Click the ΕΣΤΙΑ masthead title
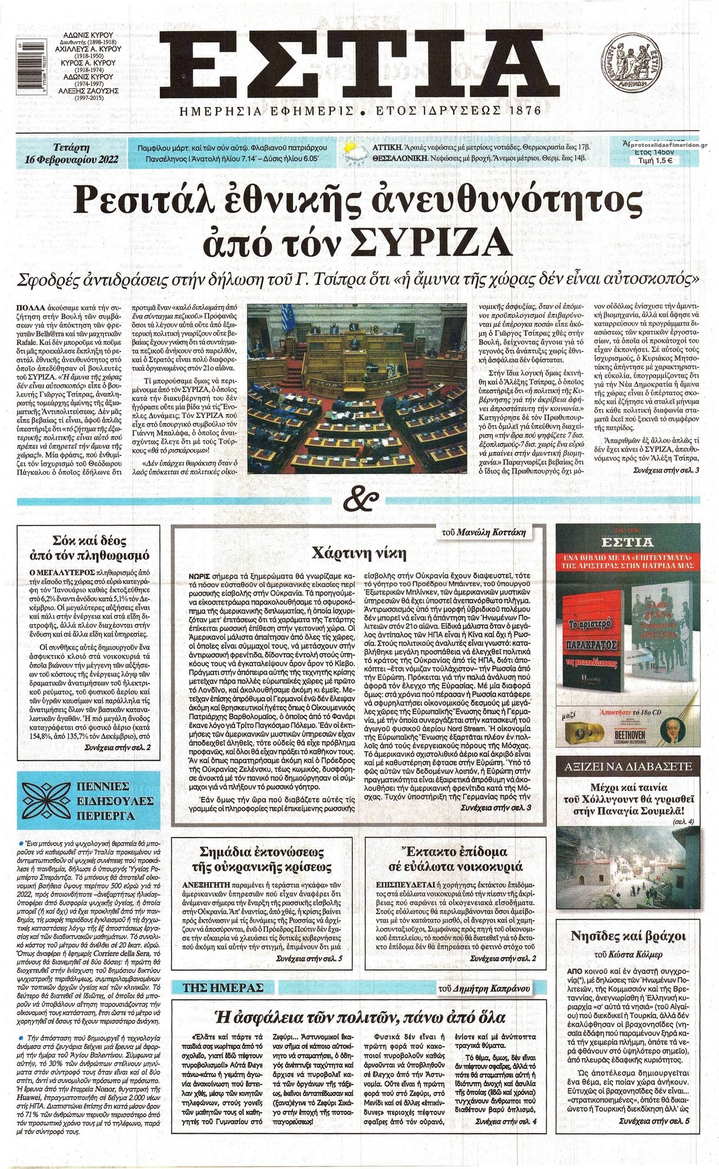click(358, 62)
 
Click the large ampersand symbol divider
click(359, 501)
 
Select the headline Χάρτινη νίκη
click(359, 553)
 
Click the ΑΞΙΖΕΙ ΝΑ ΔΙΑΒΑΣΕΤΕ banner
click(628, 768)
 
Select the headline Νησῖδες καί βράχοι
click(628, 936)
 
